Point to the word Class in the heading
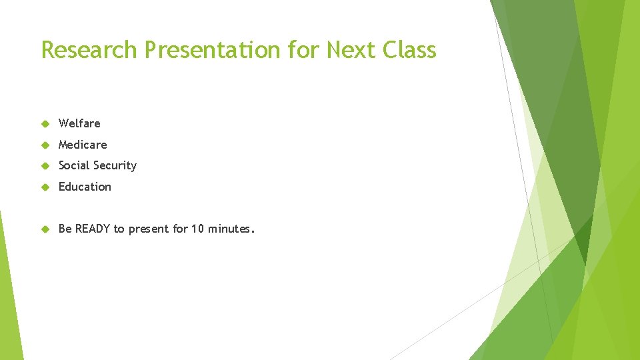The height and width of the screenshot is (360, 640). (x=411, y=50)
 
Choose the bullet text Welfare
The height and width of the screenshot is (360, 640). (x=79, y=123)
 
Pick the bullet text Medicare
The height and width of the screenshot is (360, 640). (x=83, y=145)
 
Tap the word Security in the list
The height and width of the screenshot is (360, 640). (x=117, y=166)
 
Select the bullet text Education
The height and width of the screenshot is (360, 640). (x=85, y=187)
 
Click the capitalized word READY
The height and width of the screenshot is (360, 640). (x=93, y=229)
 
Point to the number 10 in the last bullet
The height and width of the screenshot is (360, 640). (x=198, y=229)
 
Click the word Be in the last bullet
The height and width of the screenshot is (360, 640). (x=65, y=229)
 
